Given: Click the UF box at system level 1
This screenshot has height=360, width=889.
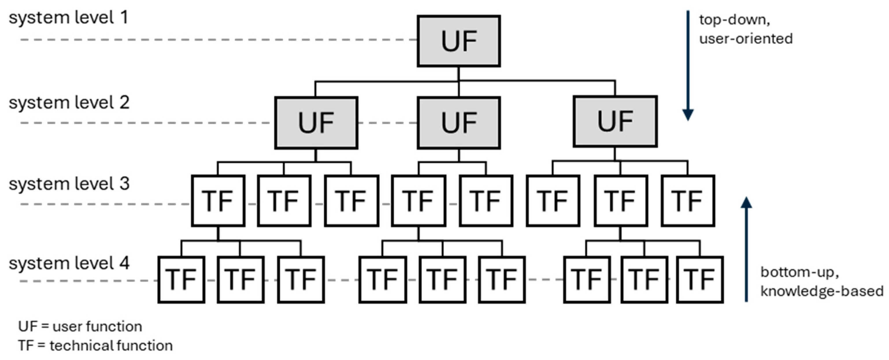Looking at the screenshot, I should pyautogui.click(x=459, y=41).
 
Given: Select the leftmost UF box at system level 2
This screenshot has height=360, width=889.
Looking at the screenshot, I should pyautogui.click(x=316, y=123).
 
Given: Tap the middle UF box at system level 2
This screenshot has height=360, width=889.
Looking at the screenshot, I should pyautogui.click(x=459, y=123).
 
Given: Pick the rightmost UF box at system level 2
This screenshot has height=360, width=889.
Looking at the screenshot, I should pyautogui.click(x=615, y=122).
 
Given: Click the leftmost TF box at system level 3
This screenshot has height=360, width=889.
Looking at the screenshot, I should pyautogui.click(x=218, y=201).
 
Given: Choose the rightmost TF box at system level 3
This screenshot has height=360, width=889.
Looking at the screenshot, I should pyautogui.click(x=688, y=201).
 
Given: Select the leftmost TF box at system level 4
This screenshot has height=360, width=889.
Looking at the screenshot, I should pyautogui.click(x=181, y=280).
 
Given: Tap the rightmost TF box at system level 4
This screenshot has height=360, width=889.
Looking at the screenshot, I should pyautogui.click(x=699, y=280).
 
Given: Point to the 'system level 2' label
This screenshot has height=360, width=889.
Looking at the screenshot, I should pyautogui.click(x=69, y=103).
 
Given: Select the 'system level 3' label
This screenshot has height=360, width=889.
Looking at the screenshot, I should pyautogui.click(x=69, y=184).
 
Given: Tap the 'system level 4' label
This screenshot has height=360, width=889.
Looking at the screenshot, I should pyautogui.click(x=69, y=263).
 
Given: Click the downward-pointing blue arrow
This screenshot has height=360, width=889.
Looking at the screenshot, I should pyautogui.click(x=688, y=66).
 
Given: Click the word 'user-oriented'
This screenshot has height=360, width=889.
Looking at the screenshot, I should pyautogui.click(x=746, y=39).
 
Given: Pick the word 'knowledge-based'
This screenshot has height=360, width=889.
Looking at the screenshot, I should pyautogui.click(x=822, y=291).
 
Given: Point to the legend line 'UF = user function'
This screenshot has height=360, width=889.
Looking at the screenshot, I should pyautogui.click(x=80, y=326).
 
